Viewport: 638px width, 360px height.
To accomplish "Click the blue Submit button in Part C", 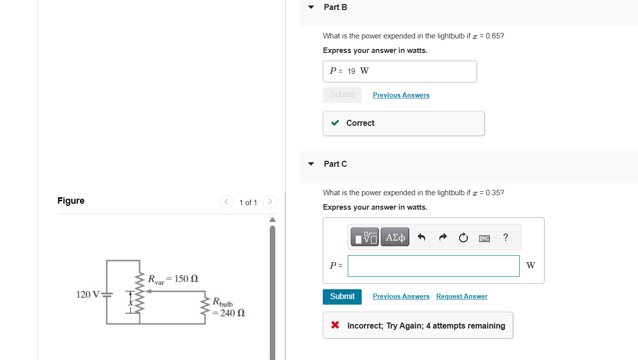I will pyautogui.click(x=342, y=297).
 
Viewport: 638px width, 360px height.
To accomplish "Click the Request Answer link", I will pyautogui.click(x=462, y=297).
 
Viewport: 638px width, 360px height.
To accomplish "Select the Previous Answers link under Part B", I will pyautogui.click(x=401, y=95).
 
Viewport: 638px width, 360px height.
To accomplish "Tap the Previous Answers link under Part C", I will pyautogui.click(x=401, y=297).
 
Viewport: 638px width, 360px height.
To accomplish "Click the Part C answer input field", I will pyautogui.click(x=433, y=266).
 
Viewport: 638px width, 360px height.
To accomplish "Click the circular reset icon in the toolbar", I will pyautogui.click(x=463, y=238).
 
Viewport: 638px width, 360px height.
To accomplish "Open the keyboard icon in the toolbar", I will pyautogui.click(x=484, y=238).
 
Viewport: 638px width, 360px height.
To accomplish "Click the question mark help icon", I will pyautogui.click(x=506, y=237).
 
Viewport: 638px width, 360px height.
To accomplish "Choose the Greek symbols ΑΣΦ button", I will pyautogui.click(x=395, y=237).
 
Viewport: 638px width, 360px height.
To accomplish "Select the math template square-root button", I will pyautogui.click(x=365, y=237).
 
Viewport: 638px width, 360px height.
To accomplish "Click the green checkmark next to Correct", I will pyautogui.click(x=335, y=123).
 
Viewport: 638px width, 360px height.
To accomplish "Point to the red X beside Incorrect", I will pyautogui.click(x=335, y=326).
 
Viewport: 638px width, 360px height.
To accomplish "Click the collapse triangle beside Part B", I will pyautogui.click(x=311, y=7).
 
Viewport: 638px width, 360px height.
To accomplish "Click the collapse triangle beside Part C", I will pyautogui.click(x=311, y=164).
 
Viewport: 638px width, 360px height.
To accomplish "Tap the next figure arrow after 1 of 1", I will pyautogui.click(x=270, y=202).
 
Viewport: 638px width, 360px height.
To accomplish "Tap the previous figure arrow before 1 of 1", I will pyautogui.click(x=226, y=202).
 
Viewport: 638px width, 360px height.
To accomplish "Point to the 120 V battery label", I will pyautogui.click(x=88, y=294).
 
